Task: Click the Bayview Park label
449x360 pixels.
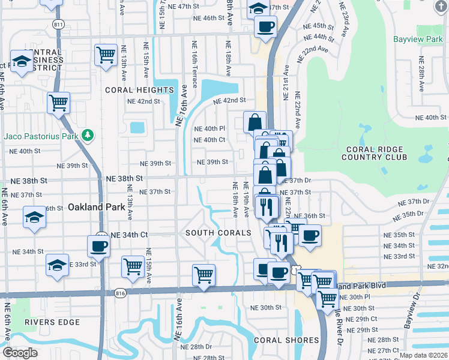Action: pos(417,40)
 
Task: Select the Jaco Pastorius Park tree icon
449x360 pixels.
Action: pos(88,135)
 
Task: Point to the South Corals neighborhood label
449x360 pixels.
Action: pos(218,233)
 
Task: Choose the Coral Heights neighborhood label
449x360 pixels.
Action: pos(139,90)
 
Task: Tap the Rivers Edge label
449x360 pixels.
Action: pos(52,322)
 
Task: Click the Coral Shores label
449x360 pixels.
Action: pos(286,340)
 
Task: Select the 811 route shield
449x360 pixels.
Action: pos(58,25)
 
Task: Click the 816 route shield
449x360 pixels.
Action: pos(120,293)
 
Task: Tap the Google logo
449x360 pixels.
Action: pos(20,353)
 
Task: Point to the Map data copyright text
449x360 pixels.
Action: pos(424,355)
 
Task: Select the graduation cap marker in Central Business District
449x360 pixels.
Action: pos(22,62)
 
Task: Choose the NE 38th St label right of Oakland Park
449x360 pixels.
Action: pos(124,179)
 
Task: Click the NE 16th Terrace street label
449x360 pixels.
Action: pos(194,56)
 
